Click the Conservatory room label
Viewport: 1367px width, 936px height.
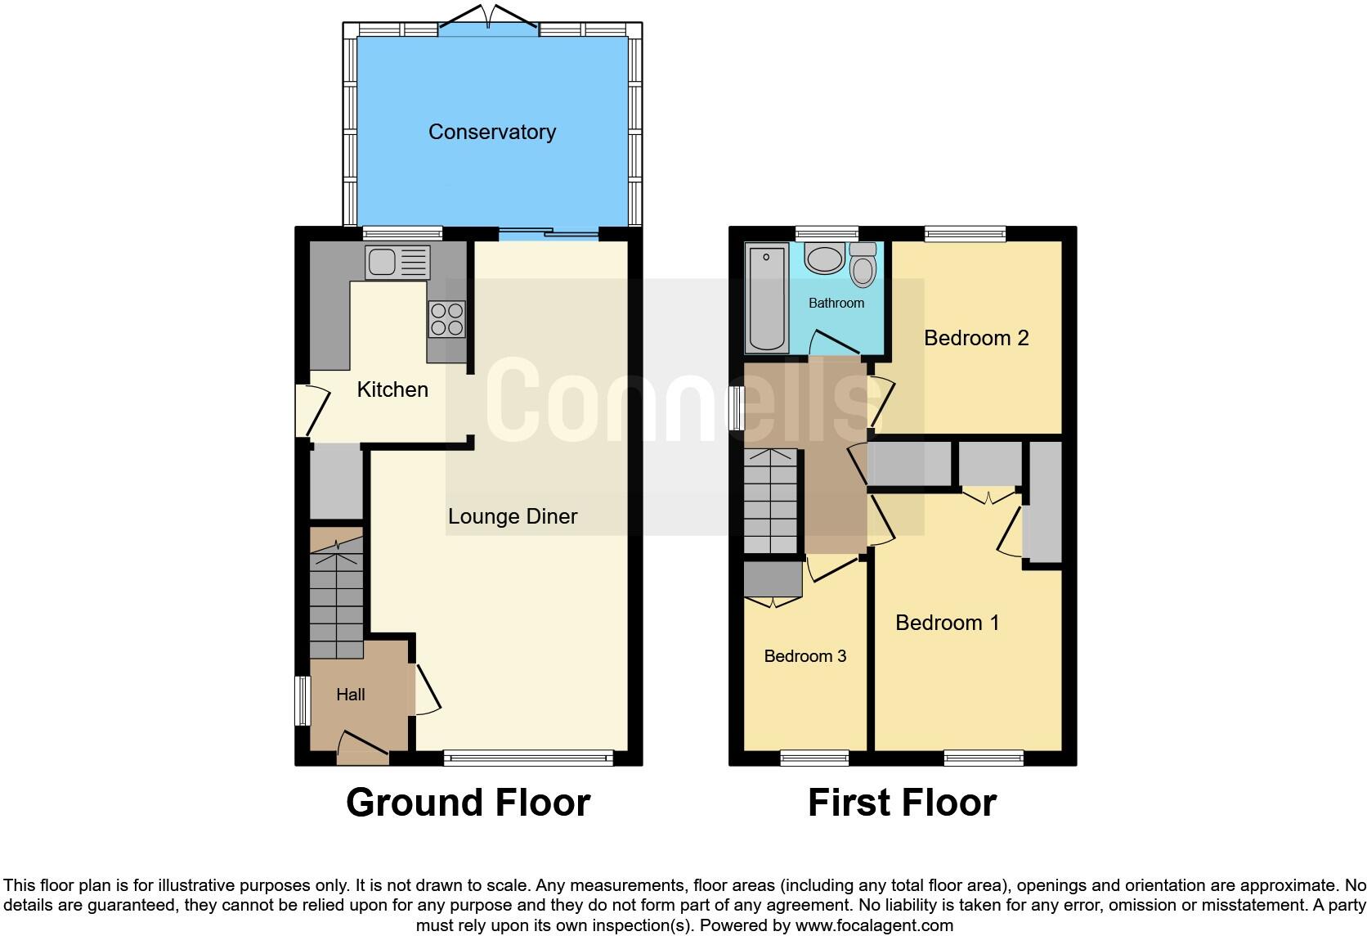491,132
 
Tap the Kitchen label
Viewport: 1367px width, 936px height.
392,389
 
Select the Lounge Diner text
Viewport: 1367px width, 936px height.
513,516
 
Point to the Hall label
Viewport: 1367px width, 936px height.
351,695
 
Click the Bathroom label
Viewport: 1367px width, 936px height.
836,304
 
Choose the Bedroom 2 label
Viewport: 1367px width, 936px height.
975,338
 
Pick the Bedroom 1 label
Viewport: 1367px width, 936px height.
947,623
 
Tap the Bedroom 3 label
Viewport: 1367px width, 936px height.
805,656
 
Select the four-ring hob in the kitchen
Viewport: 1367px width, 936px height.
446,319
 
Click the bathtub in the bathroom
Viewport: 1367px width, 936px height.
766,299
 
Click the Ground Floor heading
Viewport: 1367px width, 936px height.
468,803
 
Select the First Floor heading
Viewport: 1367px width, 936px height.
902,803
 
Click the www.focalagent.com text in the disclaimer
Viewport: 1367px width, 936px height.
873,925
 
